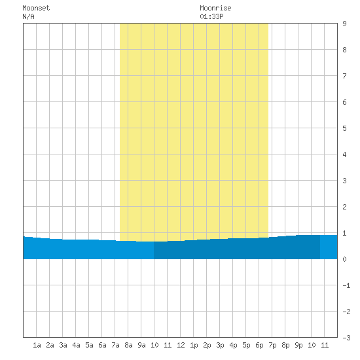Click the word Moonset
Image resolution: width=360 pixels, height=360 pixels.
36,8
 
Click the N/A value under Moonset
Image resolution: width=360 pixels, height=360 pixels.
28,16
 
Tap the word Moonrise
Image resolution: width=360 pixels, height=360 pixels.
215,8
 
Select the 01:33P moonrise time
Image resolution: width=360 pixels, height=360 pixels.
211,16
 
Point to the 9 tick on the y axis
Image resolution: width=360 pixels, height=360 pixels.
344,24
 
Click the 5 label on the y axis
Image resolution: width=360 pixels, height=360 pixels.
344,128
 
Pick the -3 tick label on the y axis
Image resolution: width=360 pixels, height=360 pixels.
346,338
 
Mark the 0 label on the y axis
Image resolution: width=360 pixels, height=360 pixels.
344,259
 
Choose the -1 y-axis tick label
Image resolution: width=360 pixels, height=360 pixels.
346,285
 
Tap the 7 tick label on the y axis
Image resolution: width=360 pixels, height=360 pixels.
344,76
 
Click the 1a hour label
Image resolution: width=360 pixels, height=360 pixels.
37,345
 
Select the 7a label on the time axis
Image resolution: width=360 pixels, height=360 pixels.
115,345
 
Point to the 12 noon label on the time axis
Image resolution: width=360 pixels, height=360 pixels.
181,345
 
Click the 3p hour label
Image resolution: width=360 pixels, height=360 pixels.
220,345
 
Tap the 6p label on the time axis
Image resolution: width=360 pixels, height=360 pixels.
259,345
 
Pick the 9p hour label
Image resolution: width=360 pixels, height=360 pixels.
298,345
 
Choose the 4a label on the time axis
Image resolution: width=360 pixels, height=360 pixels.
76,345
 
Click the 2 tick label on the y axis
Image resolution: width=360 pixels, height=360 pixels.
344,207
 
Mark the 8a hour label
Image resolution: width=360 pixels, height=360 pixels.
128,345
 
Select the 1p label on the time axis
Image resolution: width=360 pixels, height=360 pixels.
194,345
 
